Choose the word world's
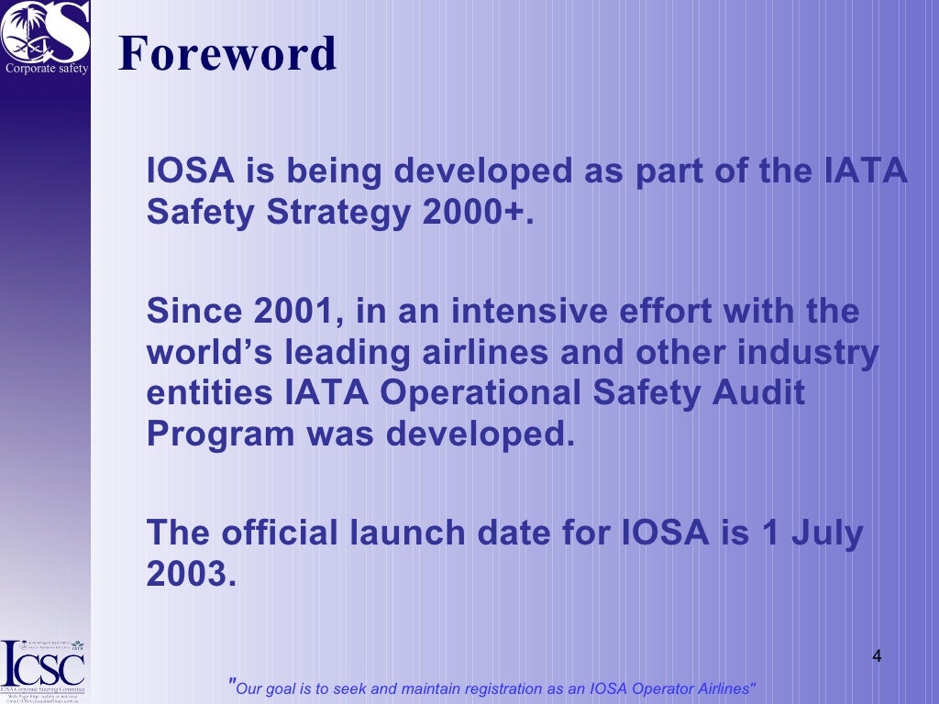pos(205,353)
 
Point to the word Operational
pos(481,394)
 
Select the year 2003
pos(185,574)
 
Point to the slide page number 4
pos(877,656)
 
